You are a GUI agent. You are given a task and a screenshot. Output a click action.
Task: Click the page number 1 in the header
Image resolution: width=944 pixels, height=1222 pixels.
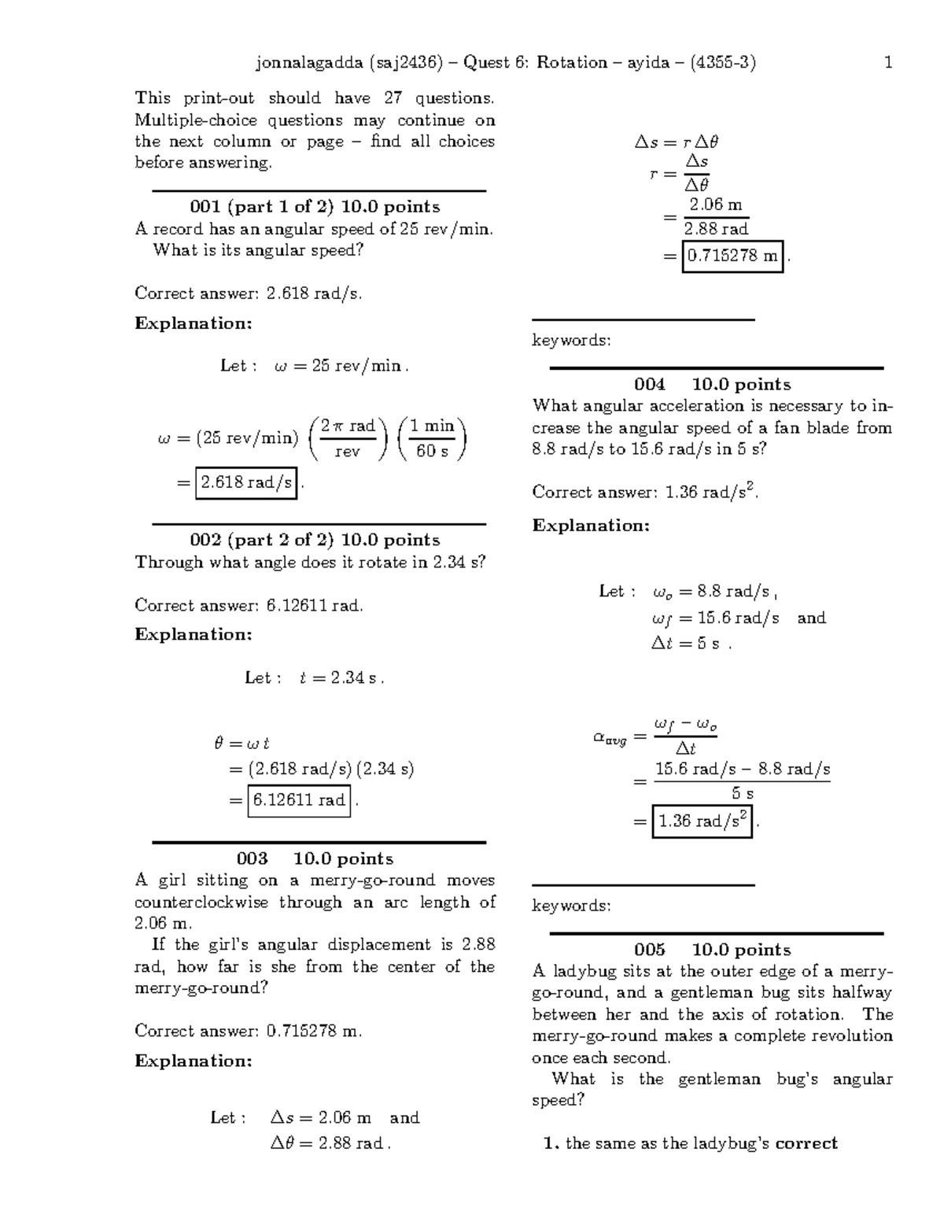[888, 63]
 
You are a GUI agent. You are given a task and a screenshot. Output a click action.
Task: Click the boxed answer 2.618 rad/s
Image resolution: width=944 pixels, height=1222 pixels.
[246, 482]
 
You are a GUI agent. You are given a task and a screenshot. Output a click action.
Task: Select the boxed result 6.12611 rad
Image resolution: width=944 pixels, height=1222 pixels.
[299, 800]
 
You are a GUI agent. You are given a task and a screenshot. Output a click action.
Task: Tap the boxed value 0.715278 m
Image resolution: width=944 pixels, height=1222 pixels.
[732, 256]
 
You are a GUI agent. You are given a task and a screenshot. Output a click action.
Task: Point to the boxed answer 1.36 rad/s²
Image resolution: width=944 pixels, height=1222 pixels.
[702, 821]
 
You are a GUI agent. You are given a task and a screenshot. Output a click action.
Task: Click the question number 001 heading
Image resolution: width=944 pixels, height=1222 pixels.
[205, 207]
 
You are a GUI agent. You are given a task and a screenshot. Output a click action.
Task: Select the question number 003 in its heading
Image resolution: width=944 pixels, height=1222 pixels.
[252, 858]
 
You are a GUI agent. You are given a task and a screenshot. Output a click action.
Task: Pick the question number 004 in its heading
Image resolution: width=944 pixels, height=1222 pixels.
[650, 384]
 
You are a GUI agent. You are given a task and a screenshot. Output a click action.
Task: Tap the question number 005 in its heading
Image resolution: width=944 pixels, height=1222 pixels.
[650, 950]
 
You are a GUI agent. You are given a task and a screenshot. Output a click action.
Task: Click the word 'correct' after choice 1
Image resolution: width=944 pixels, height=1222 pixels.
[806, 1143]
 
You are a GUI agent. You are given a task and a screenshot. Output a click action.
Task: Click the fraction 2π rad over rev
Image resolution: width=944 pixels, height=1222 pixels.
[347, 438]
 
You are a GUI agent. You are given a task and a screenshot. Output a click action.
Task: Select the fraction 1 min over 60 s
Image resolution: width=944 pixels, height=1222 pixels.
[432, 438]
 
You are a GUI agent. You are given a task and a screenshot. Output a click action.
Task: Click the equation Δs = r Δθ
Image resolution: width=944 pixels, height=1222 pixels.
[677, 142]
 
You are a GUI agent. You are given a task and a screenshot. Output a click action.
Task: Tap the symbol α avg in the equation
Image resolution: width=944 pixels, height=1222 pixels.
[610, 738]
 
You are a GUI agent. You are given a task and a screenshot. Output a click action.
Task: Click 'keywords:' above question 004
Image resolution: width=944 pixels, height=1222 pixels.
[571, 341]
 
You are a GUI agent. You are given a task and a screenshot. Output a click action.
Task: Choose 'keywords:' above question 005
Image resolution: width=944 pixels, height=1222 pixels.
[571, 906]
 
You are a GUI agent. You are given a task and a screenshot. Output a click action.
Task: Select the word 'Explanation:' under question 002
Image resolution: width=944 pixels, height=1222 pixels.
[194, 634]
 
